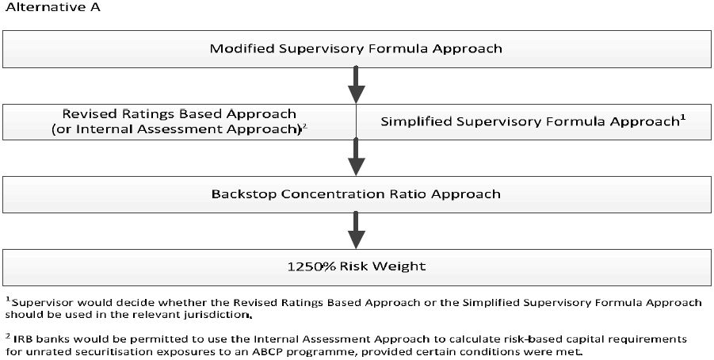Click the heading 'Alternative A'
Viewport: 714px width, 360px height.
pyautogui.click(x=52, y=8)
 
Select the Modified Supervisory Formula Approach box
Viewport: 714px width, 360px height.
pyautogui.click(x=356, y=49)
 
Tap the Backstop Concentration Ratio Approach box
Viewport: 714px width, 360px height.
pyautogui.click(x=356, y=194)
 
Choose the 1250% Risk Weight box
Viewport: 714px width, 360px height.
pyautogui.click(x=356, y=267)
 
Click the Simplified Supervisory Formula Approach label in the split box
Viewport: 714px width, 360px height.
pyautogui.click(x=529, y=122)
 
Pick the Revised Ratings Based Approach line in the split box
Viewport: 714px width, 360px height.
pyautogui.click(x=179, y=113)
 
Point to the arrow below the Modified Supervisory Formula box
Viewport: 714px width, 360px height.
pyautogui.click(x=356, y=85)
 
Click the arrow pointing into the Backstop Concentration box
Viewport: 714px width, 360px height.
pyautogui.click(x=356, y=157)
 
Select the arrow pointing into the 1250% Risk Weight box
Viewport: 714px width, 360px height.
pyautogui.click(x=356, y=230)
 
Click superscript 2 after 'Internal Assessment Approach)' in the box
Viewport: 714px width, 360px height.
pyautogui.click(x=304, y=127)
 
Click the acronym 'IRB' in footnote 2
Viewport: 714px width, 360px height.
pyautogui.click(x=24, y=339)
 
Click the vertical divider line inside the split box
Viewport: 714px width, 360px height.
pyautogui.click(x=356, y=121)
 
